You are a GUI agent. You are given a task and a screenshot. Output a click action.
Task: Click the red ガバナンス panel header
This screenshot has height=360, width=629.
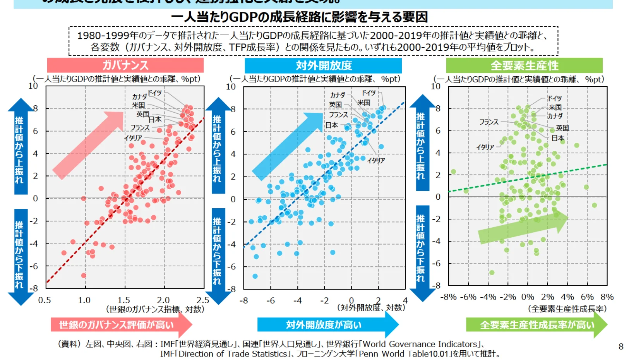pyautogui.click(x=125, y=65)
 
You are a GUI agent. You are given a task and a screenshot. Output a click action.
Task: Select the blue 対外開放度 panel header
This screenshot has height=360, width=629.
pyautogui.click(x=323, y=65)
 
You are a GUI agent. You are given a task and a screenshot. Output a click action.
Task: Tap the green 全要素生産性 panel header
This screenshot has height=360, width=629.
pyautogui.click(x=524, y=65)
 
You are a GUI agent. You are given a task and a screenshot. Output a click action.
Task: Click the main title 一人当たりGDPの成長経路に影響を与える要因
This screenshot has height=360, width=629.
pyautogui.click(x=299, y=17)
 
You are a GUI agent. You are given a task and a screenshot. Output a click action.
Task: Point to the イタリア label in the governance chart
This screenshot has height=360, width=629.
pyautogui.click(x=133, y=138)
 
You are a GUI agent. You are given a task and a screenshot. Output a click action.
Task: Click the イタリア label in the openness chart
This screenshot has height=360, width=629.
pyautogui.click(x=376, y=160)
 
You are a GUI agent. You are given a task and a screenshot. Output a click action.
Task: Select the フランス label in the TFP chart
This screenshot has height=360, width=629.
pyautogui.click(x=489, y=122)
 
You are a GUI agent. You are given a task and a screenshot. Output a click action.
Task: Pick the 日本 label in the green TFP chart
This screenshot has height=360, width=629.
pyautogui.click(x=558, y=138)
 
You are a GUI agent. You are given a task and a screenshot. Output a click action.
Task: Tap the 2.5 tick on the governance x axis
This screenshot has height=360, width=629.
pyautogui.click(x=202, y=300)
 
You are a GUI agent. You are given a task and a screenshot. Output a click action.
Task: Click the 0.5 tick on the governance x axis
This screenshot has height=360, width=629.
pyautogui.click(x=44, y=300)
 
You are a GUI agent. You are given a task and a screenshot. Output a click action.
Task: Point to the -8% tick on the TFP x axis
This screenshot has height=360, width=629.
pyautogui.click(x=448, y=297)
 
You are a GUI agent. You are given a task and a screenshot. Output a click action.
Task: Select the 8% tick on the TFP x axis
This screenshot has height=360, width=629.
pyautogui.click(x=607, y=297)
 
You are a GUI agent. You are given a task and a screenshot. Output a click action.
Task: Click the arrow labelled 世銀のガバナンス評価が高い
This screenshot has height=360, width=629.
pyautogui.click(x=120, y=325)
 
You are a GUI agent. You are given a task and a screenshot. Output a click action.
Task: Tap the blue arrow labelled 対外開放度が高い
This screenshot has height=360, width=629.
pyautogui.click(x=325, y=325)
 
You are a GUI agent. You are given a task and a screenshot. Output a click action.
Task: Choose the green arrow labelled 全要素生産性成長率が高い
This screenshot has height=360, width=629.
pyautogui.click(x=536, y=325)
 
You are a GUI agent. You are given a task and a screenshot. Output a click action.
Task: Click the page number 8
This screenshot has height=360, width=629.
pyautogui.click(x=621, y=346)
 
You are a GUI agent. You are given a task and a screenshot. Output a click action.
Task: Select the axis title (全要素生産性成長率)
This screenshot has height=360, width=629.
pyautogui.click(x=567, y=309)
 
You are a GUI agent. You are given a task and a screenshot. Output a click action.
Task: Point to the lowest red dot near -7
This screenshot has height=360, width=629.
pyautogui.click(x=84, y=276)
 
